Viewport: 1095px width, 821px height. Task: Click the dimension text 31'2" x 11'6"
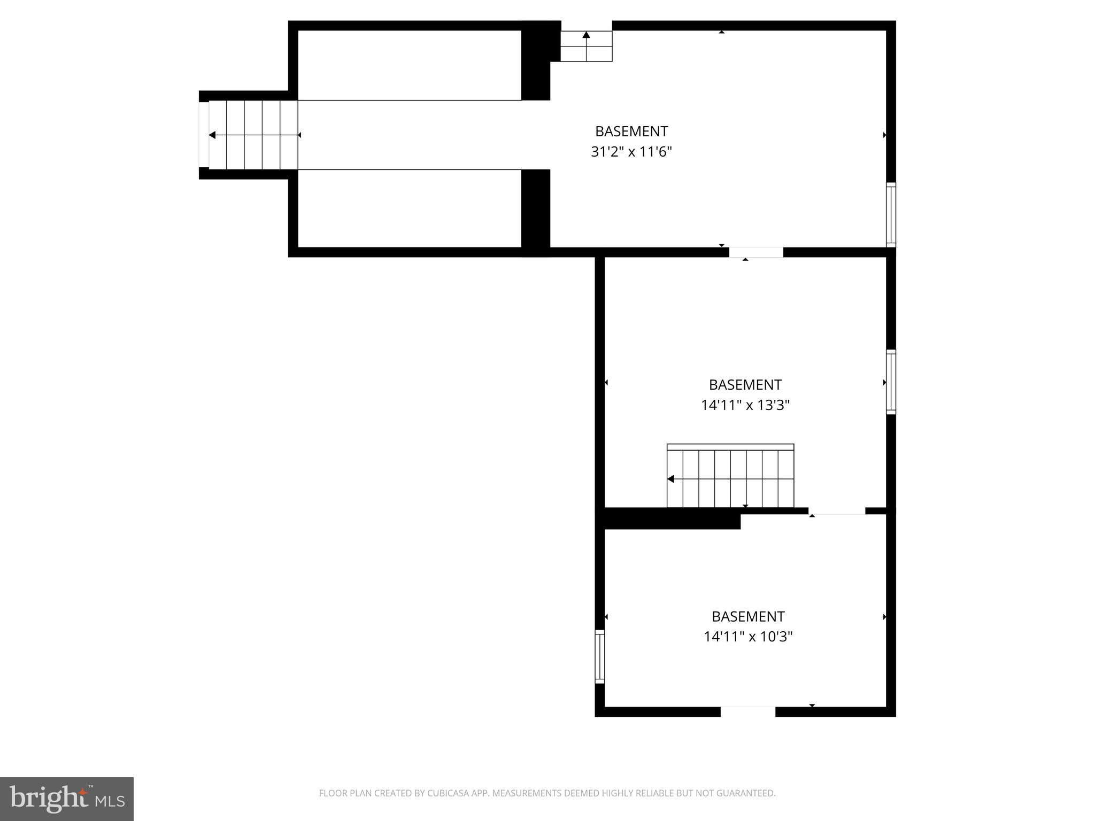tap(631, 152)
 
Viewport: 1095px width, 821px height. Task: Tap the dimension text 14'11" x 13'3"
tap(745, 406)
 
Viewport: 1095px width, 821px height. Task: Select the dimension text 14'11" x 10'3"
tap(747, 637)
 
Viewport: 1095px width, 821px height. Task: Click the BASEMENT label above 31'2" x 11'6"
tap(631, 131)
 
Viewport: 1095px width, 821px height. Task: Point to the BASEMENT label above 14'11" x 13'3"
tap(745, 385)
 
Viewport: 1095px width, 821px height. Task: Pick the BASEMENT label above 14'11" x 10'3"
tap(747, 617)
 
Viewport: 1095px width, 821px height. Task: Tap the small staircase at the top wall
tap(586, 46)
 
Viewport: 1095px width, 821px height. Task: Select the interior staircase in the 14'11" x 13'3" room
tap(730, 477)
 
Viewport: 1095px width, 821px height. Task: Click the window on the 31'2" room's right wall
tap(891, 214)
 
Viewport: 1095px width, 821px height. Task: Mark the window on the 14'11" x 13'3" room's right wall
tap(891, 382)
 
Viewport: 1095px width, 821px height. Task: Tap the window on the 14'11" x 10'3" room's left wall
tap(600, 656)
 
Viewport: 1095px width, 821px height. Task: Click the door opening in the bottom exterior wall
tap(747, 711)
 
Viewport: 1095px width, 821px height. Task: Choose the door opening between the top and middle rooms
tap(756, 252)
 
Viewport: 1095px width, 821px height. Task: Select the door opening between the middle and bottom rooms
tap(837, 512)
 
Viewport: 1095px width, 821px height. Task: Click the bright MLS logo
tap(67, 799)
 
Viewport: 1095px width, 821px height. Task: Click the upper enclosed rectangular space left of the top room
tap(409, 65)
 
